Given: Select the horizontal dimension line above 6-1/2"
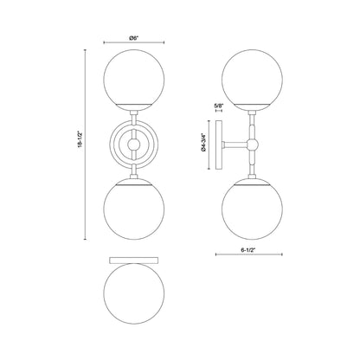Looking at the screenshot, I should coord(248,254).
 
